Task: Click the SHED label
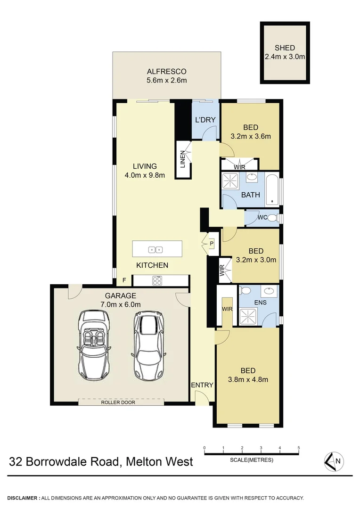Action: (x=285, y=48)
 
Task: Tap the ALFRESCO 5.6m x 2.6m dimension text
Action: (x=166, y=80)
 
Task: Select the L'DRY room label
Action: (x=205, y=120)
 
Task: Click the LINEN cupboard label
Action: (x=182, y=159)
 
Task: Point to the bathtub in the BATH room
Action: (x=272, y=190)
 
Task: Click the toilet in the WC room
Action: (x=276, y=218)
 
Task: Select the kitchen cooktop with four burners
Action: (x=156, y=281)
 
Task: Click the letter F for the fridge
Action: (x=124, y=281)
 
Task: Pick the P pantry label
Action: (x=212, y=244)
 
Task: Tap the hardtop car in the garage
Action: (x=148, y=343)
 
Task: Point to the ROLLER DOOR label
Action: (x=121, y=402)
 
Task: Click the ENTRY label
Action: (x=202, y=385)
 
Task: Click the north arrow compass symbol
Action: (x=334, y=461)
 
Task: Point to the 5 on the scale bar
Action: (x=299, y=448)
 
